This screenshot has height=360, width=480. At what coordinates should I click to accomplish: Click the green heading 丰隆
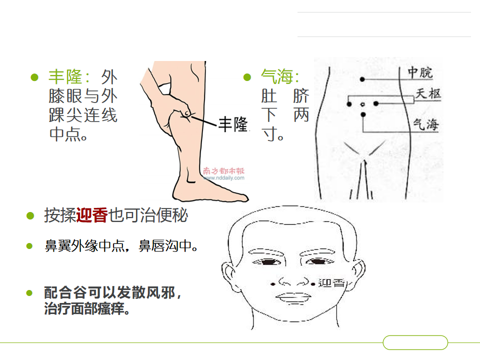[65, 76]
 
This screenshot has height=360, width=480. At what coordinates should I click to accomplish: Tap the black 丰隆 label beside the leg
[232, 124]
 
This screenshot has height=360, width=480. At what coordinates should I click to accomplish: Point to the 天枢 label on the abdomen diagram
[428, 93]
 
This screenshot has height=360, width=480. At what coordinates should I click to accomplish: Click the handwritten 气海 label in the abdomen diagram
[426, 124]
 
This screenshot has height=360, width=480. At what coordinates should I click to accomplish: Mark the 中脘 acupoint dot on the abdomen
[362, 79]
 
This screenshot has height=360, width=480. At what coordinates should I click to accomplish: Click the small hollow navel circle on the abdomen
[363, 104]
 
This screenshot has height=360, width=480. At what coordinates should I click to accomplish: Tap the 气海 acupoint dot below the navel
[363, 115]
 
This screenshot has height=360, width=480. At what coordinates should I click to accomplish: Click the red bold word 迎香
[92, 215]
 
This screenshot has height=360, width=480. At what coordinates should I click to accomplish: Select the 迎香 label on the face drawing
[332, 283]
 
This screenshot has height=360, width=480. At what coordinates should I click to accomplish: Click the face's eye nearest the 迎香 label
[317, 261]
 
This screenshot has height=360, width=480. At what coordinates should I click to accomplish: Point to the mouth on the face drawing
[293, 298]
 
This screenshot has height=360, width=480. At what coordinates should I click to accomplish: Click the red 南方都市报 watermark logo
[224, 171]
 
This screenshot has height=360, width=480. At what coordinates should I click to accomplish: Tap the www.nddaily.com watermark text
[224, 178]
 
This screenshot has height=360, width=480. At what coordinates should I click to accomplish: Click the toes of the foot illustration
[242, 197]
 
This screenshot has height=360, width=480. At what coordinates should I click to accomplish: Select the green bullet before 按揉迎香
[30, 216]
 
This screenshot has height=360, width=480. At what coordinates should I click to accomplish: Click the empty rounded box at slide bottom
[415, 342]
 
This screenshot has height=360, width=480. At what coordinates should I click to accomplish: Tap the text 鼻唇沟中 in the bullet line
[165, 246]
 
